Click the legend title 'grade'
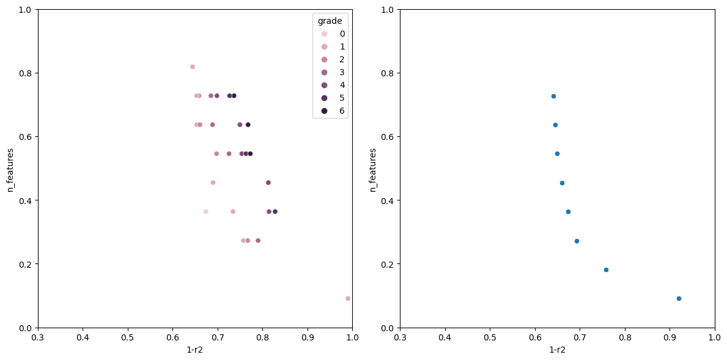pyautogui.click(x=330, y=21)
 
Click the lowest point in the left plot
pyautogui.click(x=348, y=298)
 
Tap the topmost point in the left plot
pyautogui.click(x=193, y=67)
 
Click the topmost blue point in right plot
pyautogui.click(x=553, y=96)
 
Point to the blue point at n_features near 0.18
pyautogui.click(x=606, y=270)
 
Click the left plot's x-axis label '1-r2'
pyautogui.click(x=195, y=350)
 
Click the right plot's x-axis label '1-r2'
pyautogui.click(x=557, y=350)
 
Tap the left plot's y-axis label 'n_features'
pyautogui.click(x=10, y=169)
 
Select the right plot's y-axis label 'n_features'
pyautogui.click(x=373, y=169)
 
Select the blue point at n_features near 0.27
pyautogui.click(x=577, y=241)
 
